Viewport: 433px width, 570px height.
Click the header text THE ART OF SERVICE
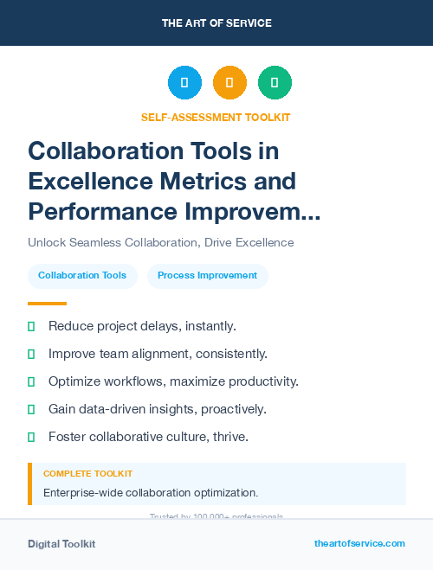[216, 23]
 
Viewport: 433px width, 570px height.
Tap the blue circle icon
[184, 83]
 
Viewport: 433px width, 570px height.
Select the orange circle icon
[229, 83]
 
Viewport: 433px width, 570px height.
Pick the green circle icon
[275, 83]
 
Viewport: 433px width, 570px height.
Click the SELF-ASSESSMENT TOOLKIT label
[216, 117]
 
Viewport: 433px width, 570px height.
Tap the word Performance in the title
[106, 211]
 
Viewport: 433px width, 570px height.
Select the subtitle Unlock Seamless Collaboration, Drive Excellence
[160, 242]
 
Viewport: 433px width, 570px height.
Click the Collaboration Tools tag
[82, 276]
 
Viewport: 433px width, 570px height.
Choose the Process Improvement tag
[207, 276]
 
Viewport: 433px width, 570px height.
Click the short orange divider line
[47, 304]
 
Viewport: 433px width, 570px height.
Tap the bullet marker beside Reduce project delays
[31, 326]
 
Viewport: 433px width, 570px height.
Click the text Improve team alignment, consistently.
[158, 354]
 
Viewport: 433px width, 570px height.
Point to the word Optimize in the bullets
[75, 381]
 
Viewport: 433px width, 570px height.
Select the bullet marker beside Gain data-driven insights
[31, 409]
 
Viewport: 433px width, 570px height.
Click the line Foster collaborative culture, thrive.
[148, 437]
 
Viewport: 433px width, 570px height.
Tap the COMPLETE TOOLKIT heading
[87, 474]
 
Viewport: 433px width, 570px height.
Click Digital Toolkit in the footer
[61, 544]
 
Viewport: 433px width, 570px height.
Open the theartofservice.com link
[359, 543]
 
